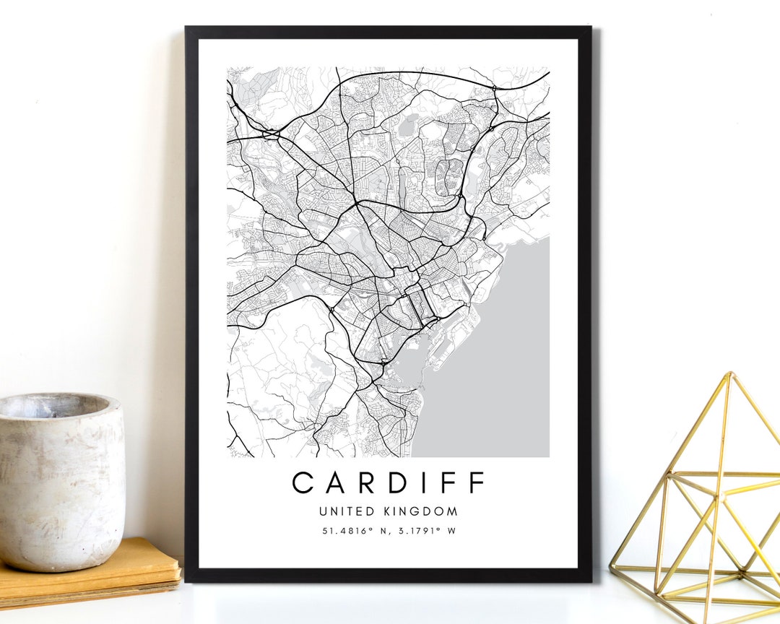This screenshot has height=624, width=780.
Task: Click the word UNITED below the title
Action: (347, 511)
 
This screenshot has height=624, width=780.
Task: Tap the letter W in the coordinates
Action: (452, 531)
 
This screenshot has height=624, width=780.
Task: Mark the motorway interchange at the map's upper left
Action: (271, 134)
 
